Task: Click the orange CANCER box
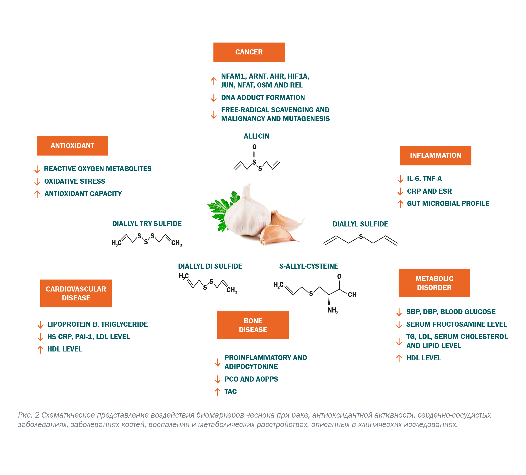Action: click(x=249, y=52)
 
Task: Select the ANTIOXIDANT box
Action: click(x=72, y=146)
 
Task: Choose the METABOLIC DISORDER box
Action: click(x=434, y=283)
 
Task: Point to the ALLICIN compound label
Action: click(x=256, y=136)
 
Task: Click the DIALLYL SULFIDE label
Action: click(x=360, y=224)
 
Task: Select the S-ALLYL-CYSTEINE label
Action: click(x=308, y=266)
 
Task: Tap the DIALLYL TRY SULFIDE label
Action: click(x=147, y=224)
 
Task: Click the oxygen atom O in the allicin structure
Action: click(x=254, y=147)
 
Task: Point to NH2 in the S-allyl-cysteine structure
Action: click(x=333, y=310)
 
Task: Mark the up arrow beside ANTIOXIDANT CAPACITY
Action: click(x=37, y=194)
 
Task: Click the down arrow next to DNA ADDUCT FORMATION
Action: click(x=214, y=98)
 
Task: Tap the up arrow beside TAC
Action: click(x=218, y=392)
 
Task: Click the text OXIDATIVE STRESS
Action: click(x=75, y=181)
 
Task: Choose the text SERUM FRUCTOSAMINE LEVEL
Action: click(x=456, y=324)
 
